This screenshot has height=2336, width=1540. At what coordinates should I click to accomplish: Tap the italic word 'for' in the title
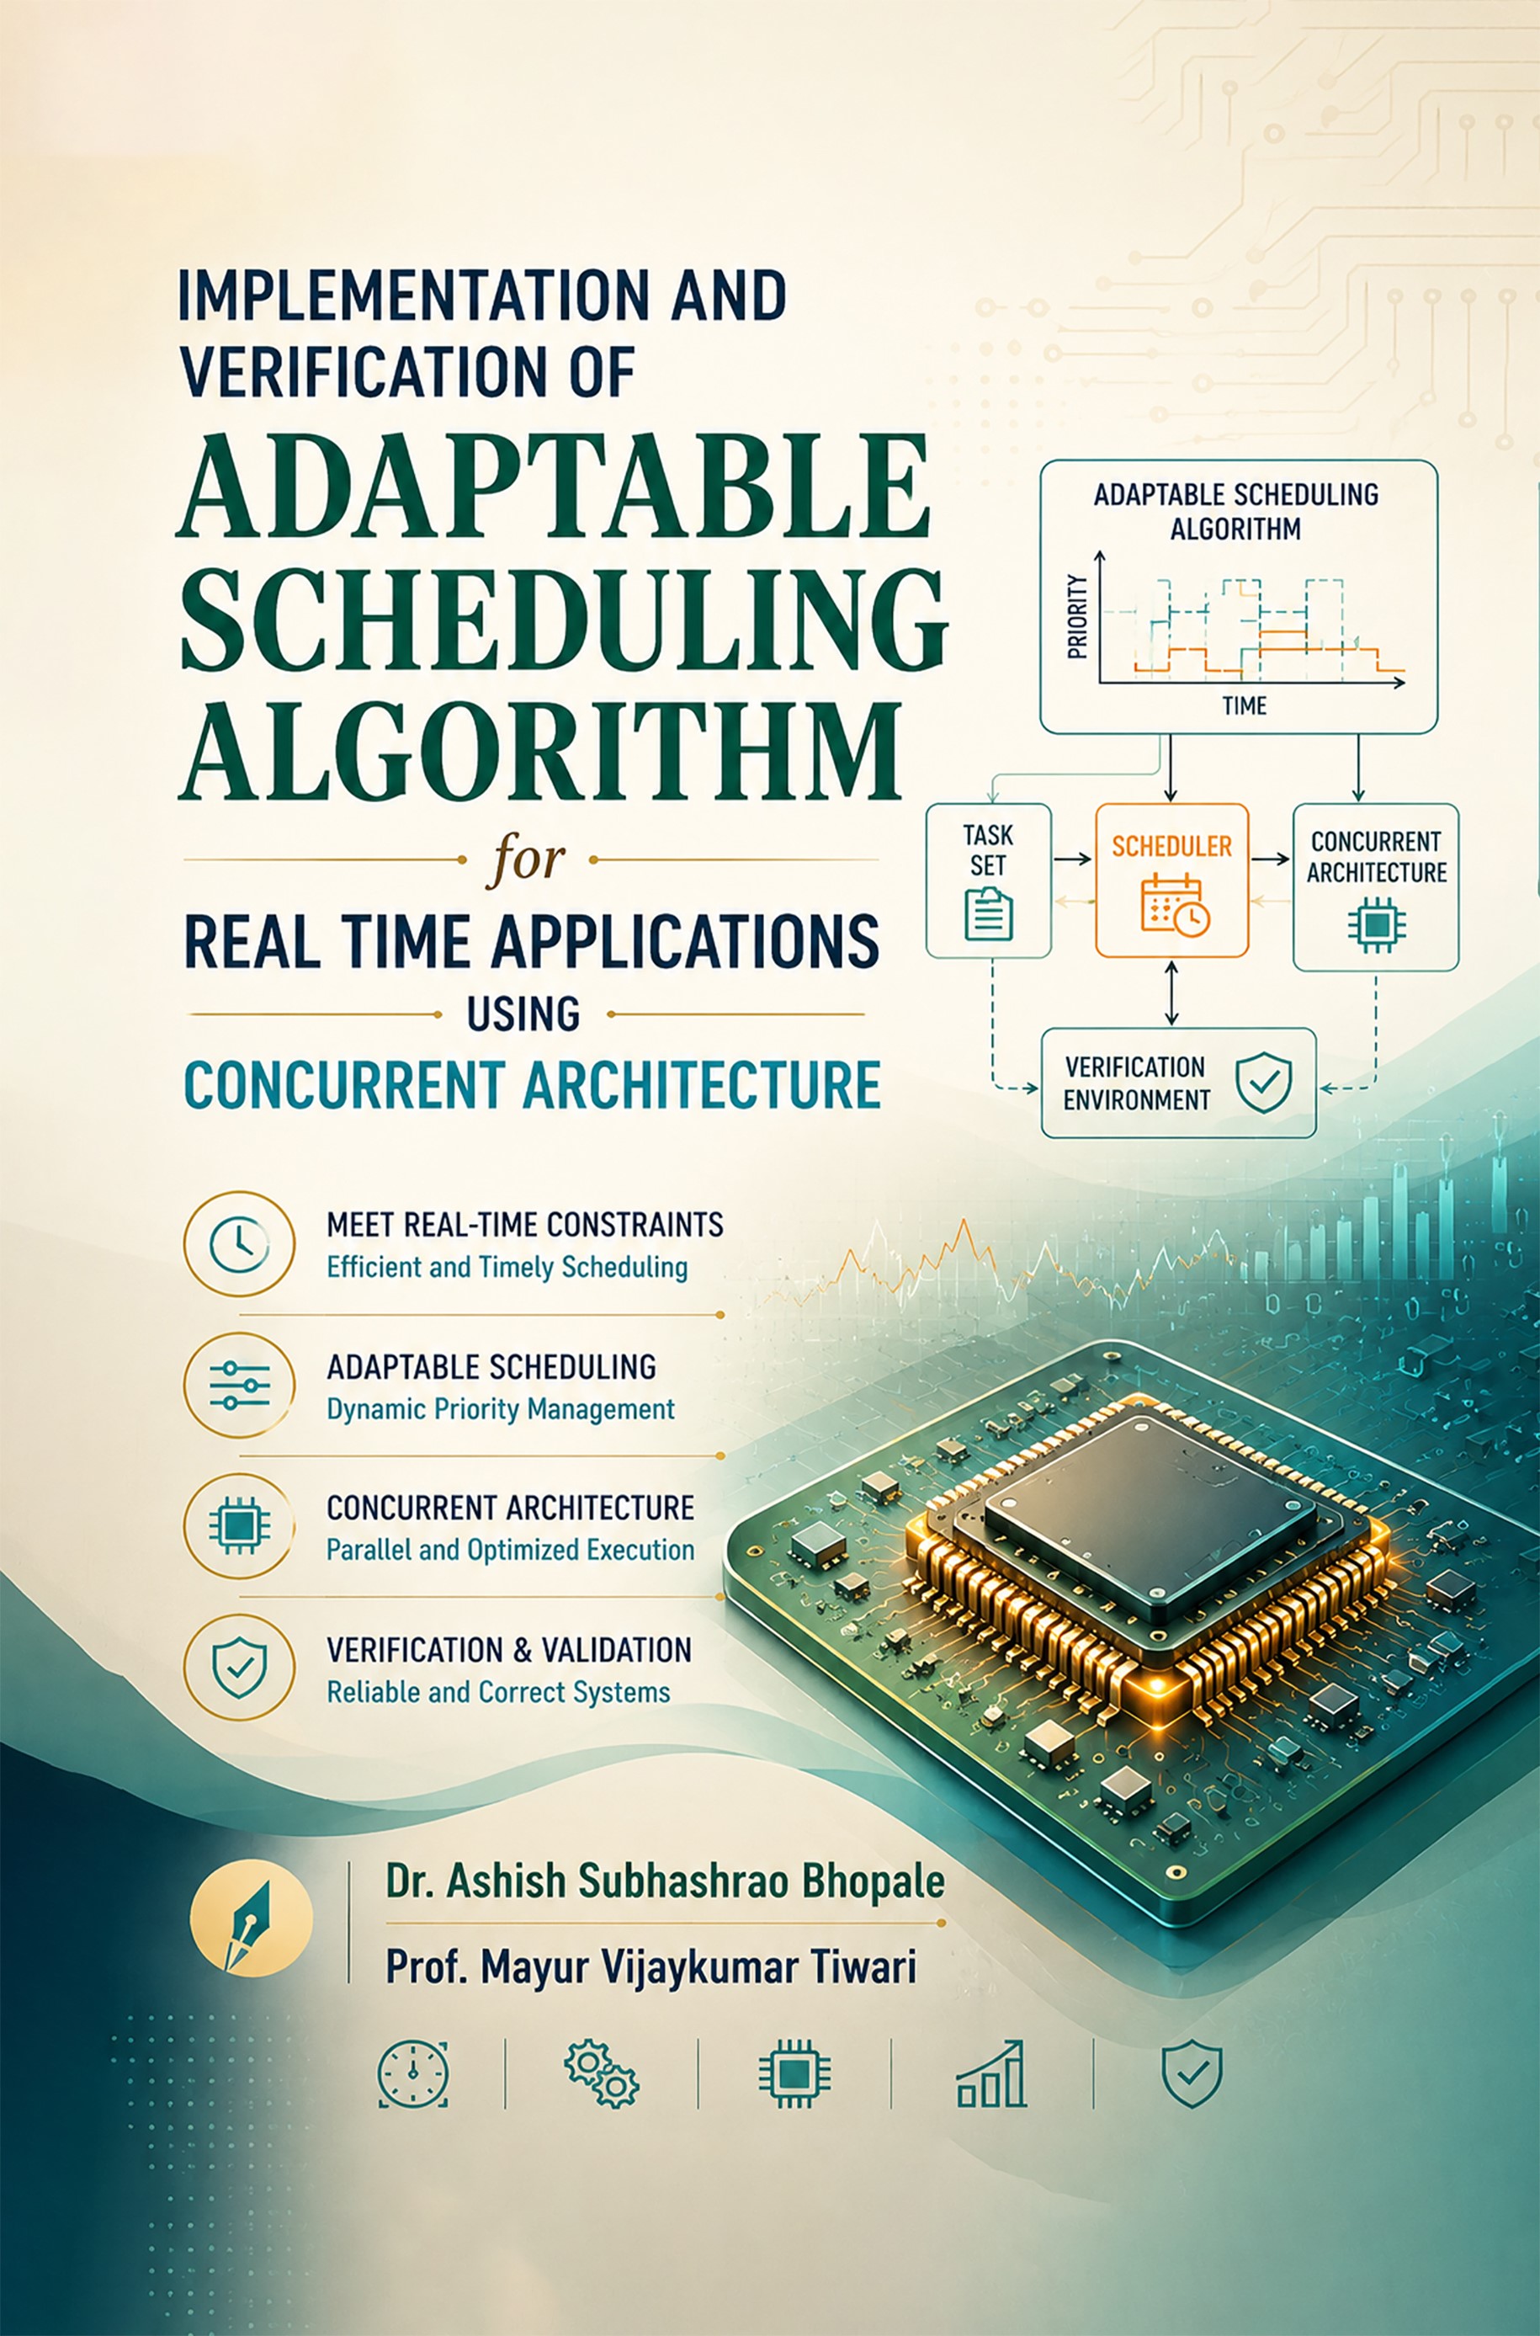525,859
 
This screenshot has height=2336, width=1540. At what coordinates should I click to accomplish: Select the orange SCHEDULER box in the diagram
1171,881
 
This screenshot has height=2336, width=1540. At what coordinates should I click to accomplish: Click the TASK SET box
988,881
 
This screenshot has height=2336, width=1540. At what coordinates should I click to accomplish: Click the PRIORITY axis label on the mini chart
1077,617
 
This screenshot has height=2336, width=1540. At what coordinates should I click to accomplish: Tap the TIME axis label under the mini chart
1245,705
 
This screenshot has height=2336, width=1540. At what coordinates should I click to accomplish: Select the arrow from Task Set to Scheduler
1072,859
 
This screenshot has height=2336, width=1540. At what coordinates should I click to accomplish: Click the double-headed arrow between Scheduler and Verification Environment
1171,993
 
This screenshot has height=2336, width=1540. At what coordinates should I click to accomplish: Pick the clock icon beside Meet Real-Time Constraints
239,1243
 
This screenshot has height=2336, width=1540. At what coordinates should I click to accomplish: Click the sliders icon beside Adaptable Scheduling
239,1385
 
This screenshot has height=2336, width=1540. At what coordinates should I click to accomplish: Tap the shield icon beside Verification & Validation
239,1668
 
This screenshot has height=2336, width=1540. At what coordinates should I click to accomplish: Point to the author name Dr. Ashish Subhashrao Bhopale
665,1881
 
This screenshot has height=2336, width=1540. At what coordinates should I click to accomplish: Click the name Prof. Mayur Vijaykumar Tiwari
651,1966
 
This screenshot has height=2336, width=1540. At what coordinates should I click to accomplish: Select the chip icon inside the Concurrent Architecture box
1376,924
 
